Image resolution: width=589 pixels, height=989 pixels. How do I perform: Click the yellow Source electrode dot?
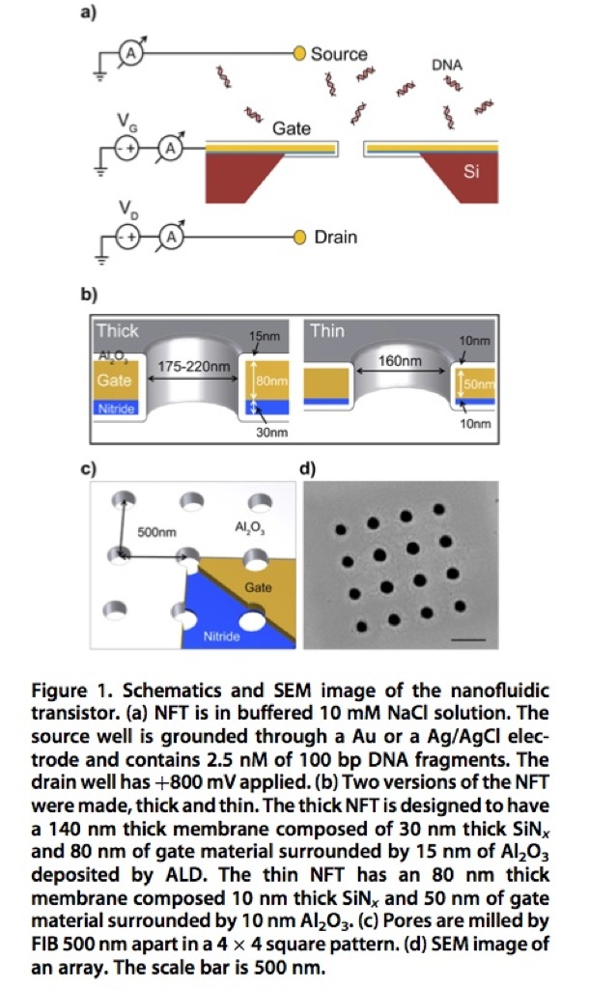(x=299, y=54)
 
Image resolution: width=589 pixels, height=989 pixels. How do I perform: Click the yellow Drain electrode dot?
(x=299, y=237)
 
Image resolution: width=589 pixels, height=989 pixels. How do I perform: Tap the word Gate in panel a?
(x=291, y=127)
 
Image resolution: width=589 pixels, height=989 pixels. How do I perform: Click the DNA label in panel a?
(x=446, y=66)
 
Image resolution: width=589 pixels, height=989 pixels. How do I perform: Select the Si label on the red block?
(x=471, y=173)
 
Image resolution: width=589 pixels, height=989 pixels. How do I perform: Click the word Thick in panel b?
(x=117, y=330)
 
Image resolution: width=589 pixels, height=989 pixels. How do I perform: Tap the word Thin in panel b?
(x=327, y=330)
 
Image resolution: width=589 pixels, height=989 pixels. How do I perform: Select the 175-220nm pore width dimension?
(x=191, y=366)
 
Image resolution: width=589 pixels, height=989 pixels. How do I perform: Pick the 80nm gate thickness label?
(x=276, y=383)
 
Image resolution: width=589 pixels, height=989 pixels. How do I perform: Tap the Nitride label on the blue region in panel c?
(x=221, y=636)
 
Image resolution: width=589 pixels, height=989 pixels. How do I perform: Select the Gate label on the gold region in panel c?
(x=257, y=587)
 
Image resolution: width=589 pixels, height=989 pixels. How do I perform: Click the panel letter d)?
(x=309, y=471)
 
